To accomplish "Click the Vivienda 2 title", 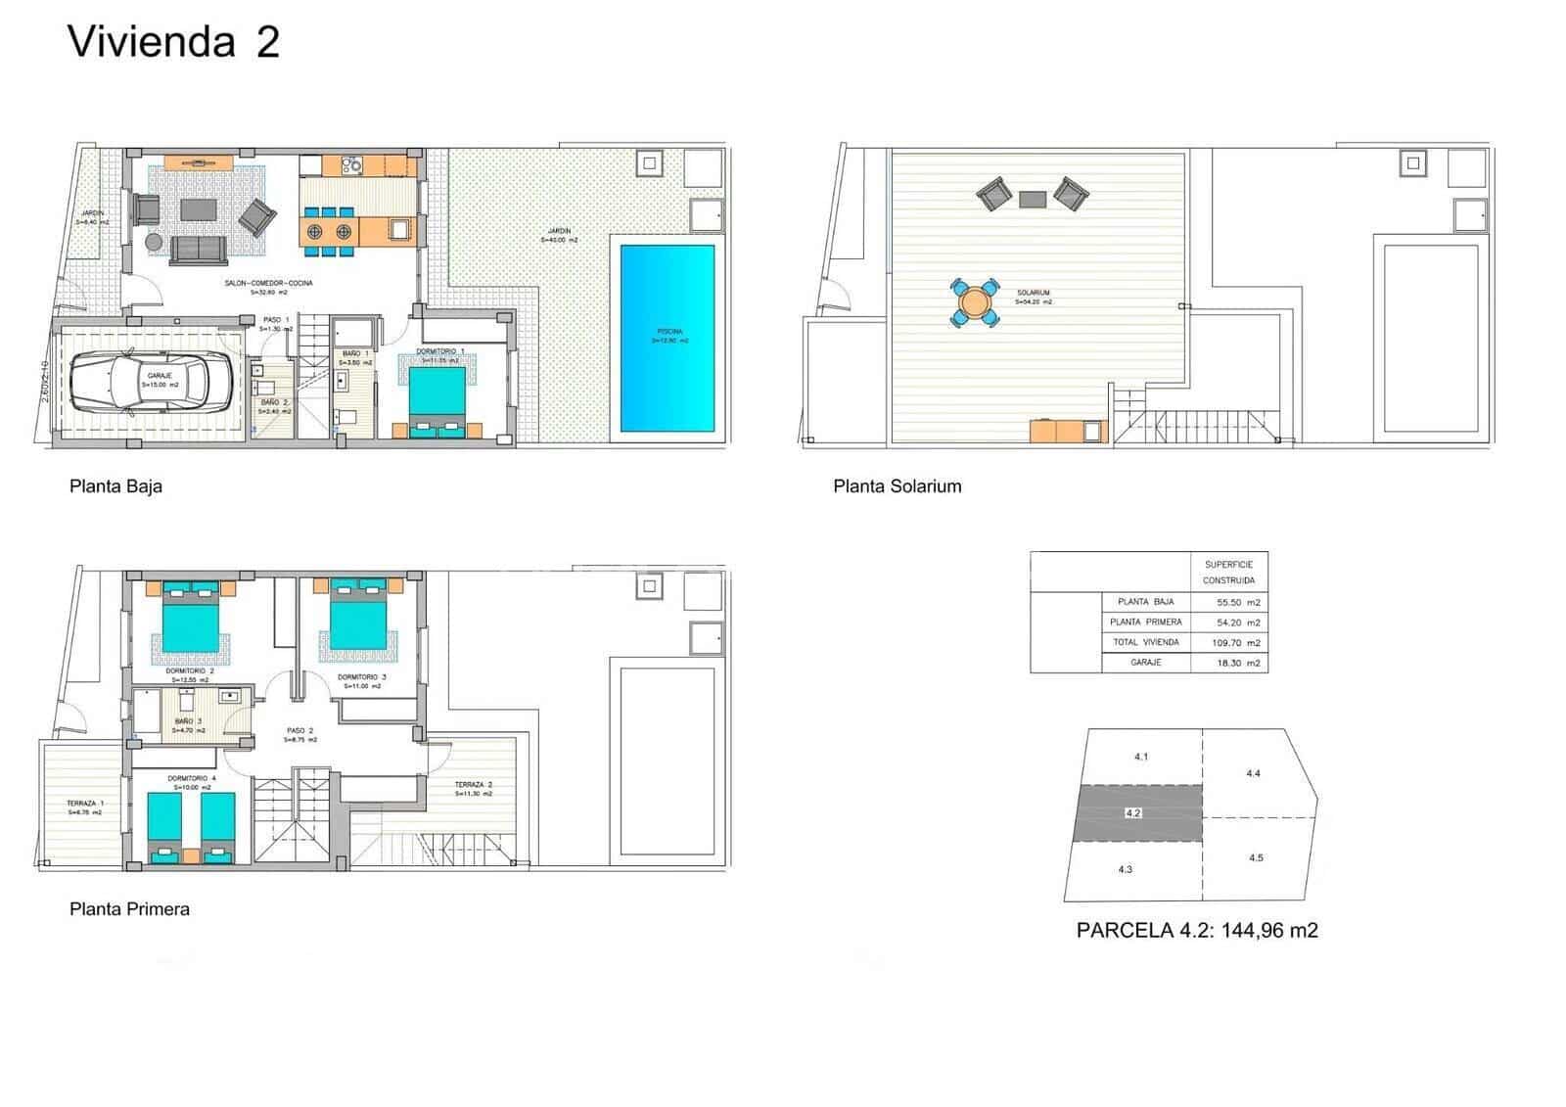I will coord(173,43).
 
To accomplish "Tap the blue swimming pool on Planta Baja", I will coord(667,339).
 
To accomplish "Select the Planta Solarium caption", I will coord(897,486).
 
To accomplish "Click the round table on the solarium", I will coord(975,301).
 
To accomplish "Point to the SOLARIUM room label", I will coord(1033,294).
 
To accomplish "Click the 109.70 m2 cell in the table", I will coord(1236,643).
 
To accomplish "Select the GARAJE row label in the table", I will coord(1145,663).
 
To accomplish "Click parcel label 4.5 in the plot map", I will coord(1256,858).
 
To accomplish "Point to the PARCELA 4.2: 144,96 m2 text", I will coord(1196,931).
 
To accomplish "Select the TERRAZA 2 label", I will coord(473,786).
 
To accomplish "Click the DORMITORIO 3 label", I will coord(361,677).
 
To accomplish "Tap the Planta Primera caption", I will coord(129,909).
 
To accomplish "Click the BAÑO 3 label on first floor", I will coord(188,721).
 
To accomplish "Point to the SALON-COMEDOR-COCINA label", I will coord(268,283).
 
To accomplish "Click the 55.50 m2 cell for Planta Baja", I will coord(1236,603).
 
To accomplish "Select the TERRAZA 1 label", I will coord(85,803).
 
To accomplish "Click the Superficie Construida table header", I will coord(1228,573).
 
